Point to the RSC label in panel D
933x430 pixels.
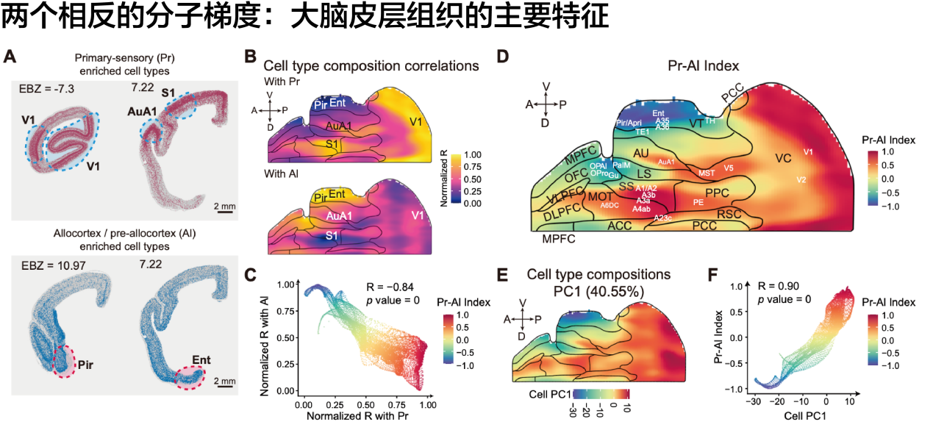[x=729, y=215]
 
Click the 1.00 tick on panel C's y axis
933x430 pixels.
[x=284, y=283]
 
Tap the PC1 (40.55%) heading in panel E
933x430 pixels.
[x=598, y=291]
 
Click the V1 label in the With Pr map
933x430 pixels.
[x=417, y=121]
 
